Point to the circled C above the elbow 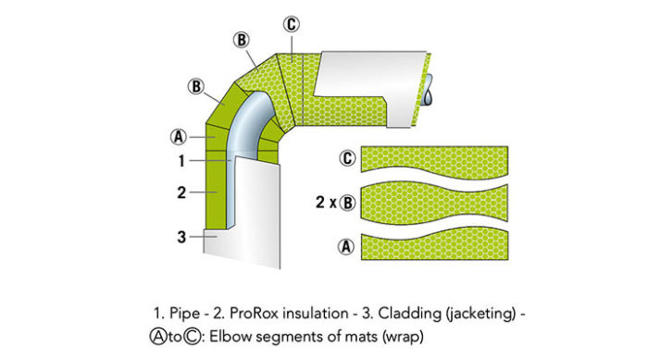click(292, 24)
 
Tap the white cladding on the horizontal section click(370, 69)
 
